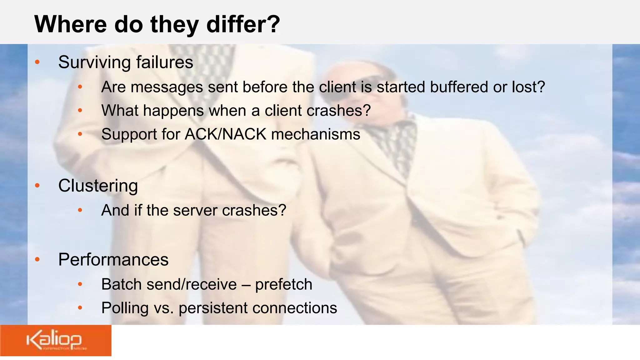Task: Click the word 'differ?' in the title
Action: [x=243, y=24]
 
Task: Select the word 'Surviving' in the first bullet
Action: [x=94, y=62]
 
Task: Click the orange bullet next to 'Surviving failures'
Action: [x=37, y=62]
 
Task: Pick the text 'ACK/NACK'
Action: [x=225, y=134]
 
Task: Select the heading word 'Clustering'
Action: [x=98, y=186]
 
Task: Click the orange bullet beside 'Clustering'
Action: [x=37, y=186]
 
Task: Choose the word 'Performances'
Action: [x=113, y=260]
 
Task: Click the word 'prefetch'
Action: [x=283, y=285]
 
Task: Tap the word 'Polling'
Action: [x=125, y=308]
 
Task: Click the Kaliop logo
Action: [x=55, y=341]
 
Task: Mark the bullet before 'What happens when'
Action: [x=80, y=110]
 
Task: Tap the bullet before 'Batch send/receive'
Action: [x=80, y=284]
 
